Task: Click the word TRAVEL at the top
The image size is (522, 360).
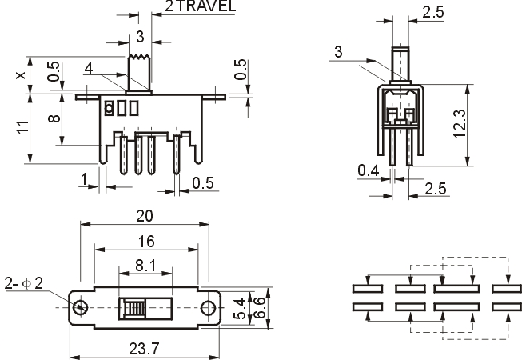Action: [205, 6]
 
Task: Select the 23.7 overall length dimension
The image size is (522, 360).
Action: [144, 349]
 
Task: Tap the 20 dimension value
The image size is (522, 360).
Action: [145, 216]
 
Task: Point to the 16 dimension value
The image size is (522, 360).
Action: [146, 242]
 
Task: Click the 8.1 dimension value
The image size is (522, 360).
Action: [145, 266]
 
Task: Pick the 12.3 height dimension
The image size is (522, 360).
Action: [460, 123]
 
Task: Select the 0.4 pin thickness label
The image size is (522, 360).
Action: [369, 170]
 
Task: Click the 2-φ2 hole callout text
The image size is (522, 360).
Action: [24, 283]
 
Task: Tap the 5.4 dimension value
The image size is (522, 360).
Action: [240, 309]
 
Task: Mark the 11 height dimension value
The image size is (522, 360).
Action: [22, 127]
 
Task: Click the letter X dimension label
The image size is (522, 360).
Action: [21, 75]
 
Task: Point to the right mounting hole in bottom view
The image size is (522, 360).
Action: [208, 308]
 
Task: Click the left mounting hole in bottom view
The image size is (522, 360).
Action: [80, 307]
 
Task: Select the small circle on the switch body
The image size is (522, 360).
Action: [109, 108]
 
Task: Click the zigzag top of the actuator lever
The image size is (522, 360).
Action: [139, 57]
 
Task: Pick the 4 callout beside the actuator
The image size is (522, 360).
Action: [89, 68]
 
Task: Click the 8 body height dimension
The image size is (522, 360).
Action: [54, 118]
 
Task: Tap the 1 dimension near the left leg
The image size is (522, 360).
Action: [84, 179]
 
